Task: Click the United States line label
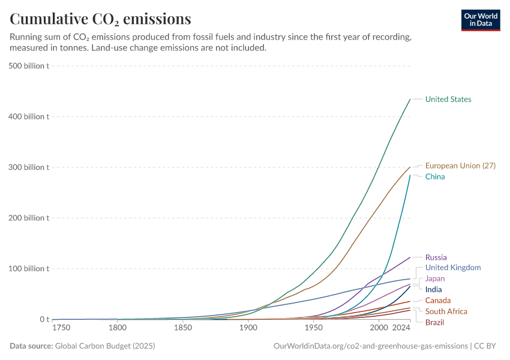coord(448,99)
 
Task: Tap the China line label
coord(435,176)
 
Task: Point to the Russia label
coord(436,257)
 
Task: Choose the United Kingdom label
coord(452,268)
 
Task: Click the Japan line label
coord(435,278)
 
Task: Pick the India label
coord(433,289)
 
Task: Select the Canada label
coord(438,300)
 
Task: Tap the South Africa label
coord(446,311)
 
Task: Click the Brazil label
coord(435,322)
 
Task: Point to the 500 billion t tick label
coord(29,65)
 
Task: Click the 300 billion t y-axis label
coord(29,167)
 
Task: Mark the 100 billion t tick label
coord(29,268)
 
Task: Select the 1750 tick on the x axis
coord(61,329)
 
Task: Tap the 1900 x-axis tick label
coord(248,329)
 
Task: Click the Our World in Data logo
coord(481,20)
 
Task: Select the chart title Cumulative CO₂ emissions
coord(100,19)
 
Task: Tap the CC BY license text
coord(487,346)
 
